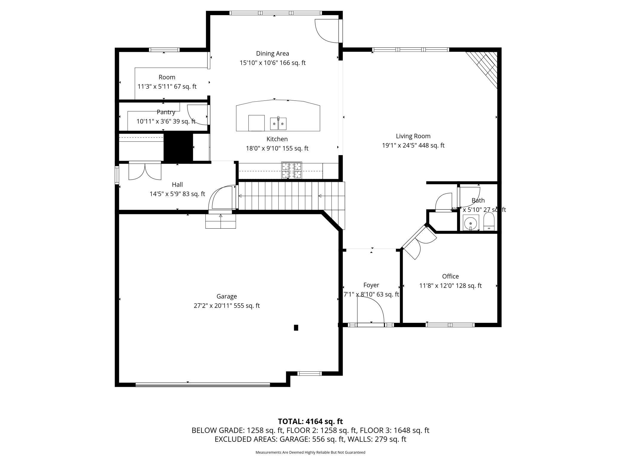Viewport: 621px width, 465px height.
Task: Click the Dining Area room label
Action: point(272,54)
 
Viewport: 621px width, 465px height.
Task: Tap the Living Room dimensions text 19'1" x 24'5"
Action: point(400,145)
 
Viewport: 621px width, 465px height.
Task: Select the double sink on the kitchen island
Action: point(278,123)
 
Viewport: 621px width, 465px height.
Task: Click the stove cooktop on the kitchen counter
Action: point(291,170)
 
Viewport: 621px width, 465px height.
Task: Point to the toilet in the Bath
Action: point(489,222)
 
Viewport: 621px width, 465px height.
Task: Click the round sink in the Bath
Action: point(471,223)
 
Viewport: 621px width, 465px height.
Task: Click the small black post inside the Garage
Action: point(296,328)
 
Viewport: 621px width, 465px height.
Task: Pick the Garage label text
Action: point(227,296)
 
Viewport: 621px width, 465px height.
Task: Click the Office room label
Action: point(450,276)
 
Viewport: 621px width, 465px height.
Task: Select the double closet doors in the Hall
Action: point(145,171)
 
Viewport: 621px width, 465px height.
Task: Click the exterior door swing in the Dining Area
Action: point(328,31)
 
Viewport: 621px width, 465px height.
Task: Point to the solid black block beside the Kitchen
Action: point(178,148)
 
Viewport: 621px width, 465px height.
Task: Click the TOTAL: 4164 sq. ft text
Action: point(310,421)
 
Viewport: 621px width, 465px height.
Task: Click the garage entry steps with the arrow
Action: point(221,221)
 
